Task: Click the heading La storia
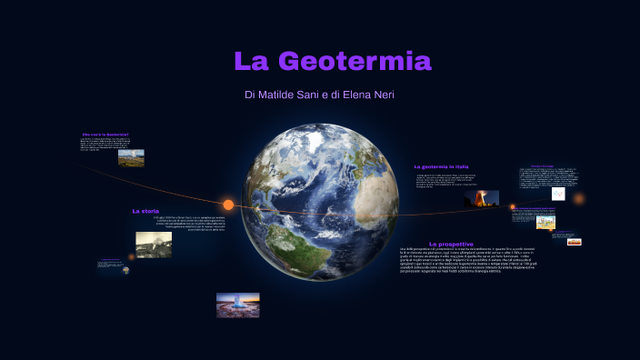coord(145,211)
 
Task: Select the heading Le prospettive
coord(451,244)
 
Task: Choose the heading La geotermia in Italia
coord(441,167)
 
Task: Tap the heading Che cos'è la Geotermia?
coord(105,135)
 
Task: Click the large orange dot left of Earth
coord(228,205)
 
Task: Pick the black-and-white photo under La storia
coord(154,244)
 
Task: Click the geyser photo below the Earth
coord(237,305)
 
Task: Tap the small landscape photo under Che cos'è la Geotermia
coord(131,158)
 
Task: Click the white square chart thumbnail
coord(558,194)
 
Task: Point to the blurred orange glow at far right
coord(578,198)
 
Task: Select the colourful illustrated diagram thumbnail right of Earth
coord(545,222)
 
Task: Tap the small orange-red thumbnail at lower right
coord(574,242)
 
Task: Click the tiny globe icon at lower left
coord(125,270)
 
